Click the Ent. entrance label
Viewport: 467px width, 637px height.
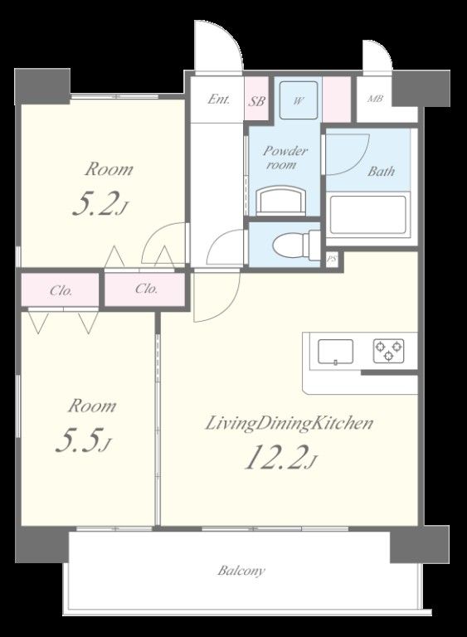coord(219,100)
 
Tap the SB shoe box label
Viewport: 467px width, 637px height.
coord(256,100)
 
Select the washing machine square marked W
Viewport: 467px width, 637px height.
coord(299,100)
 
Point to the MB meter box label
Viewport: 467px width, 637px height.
coord(375,99)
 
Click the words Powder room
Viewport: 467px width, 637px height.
coord(285,158)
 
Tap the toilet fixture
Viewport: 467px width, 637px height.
coord(297,246)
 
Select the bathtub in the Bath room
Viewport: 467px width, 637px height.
coord(368,216)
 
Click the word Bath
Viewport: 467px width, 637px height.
coord(381,171)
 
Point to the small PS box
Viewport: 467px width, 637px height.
coord(333,260)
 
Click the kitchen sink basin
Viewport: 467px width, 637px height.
coord(335,352)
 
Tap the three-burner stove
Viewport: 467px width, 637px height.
coord(388,350)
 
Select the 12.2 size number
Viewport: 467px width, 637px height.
coord(280,458)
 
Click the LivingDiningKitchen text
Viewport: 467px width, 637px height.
coord(289,424)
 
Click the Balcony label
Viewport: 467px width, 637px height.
coord(241,571)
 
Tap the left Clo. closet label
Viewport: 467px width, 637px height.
coord(61,291)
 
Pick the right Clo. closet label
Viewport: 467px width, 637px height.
coord(146,289)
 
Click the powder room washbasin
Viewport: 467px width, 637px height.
coord(281,200)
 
